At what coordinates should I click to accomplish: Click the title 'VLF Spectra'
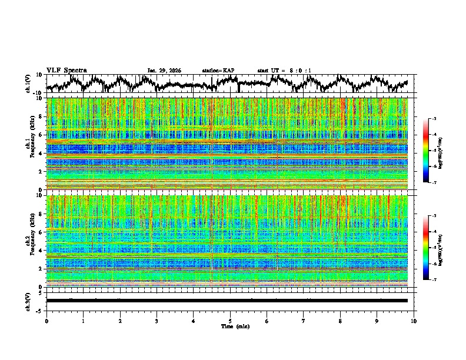66,70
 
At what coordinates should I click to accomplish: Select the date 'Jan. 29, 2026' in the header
164,71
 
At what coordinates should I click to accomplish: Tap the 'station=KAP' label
218,71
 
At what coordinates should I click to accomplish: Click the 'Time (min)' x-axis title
230,326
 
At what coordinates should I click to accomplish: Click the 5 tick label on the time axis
230,321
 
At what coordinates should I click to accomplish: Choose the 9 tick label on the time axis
377,321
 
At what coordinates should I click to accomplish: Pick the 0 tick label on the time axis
46,321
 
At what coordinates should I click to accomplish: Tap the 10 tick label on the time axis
414,321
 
